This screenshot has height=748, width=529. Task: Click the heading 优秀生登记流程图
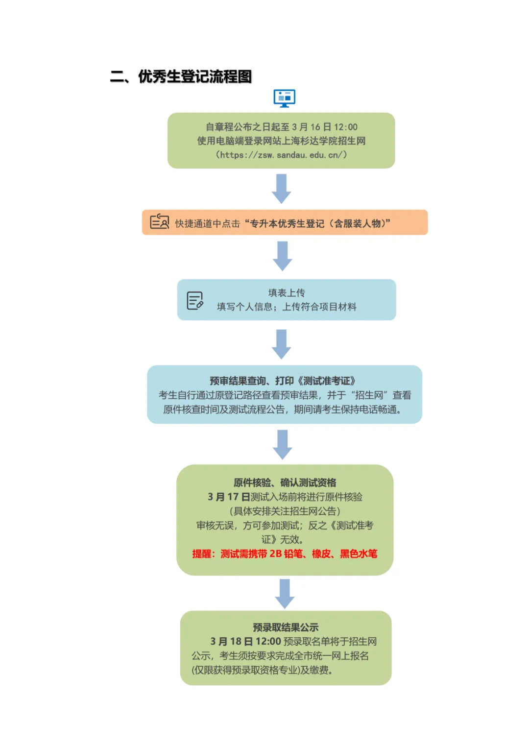coord(195,76)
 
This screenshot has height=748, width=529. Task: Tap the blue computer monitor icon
coord(284,98)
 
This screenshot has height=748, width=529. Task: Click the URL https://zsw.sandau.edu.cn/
coord(281,155)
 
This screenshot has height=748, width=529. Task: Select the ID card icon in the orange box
coord(159,221)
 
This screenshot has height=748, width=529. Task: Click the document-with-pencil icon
coord(195,301)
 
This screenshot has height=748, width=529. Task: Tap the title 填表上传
coord(287,293)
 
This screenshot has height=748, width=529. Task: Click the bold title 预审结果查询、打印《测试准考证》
coord(283,381)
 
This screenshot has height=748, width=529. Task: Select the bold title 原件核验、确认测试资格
coord(285,483)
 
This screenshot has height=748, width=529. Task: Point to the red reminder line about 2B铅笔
coord(285,554)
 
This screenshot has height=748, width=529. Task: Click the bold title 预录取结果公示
coord(286,627)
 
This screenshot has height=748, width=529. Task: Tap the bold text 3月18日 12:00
coord(245,642)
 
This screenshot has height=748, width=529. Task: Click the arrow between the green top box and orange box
coord(281,189)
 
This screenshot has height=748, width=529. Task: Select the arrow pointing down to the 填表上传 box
coord(283,256)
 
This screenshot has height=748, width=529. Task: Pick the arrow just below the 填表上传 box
coord(282,344)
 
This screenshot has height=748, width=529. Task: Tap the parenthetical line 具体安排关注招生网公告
coord(285,511)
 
